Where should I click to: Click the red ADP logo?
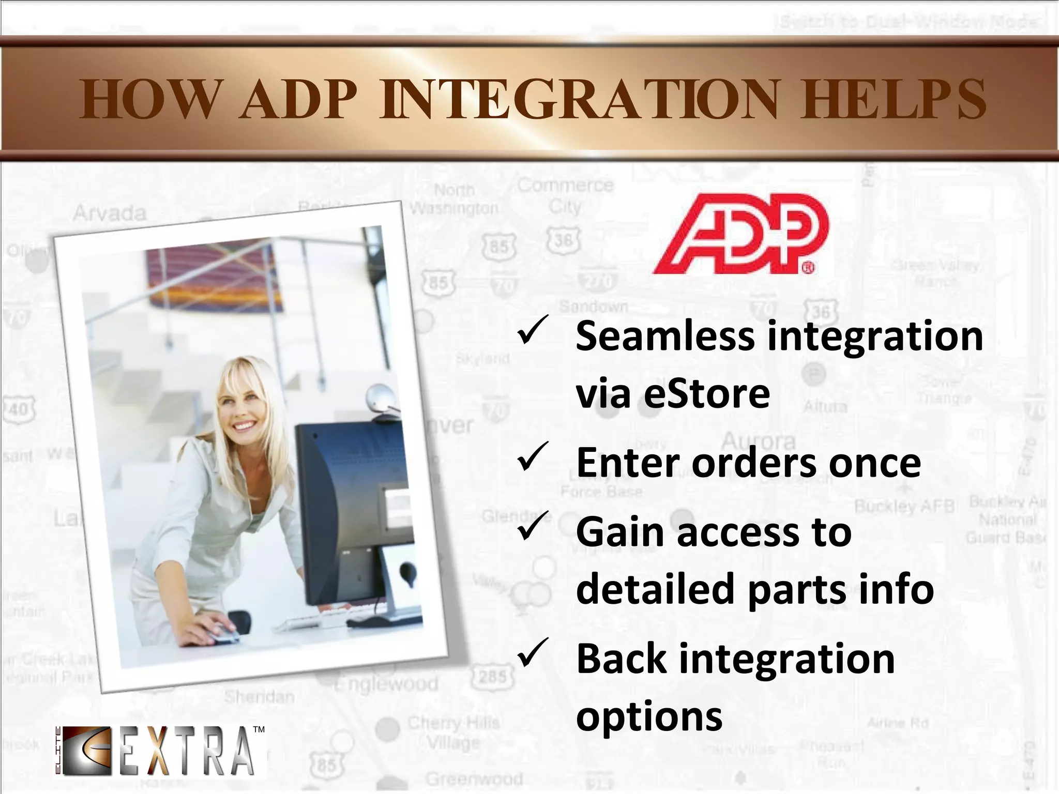pyautogui.click(x=739, y=234)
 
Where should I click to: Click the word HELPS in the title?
pyautogui.click(x=893, y=99)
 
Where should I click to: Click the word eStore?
pyautogui.click(x=707, y=394)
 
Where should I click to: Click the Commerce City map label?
pyautogui.click(x=565, y=195)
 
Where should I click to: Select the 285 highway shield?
pyautogui.click(x=493, y=676)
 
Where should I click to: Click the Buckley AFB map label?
pyautogui.click(x=904, y=506)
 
